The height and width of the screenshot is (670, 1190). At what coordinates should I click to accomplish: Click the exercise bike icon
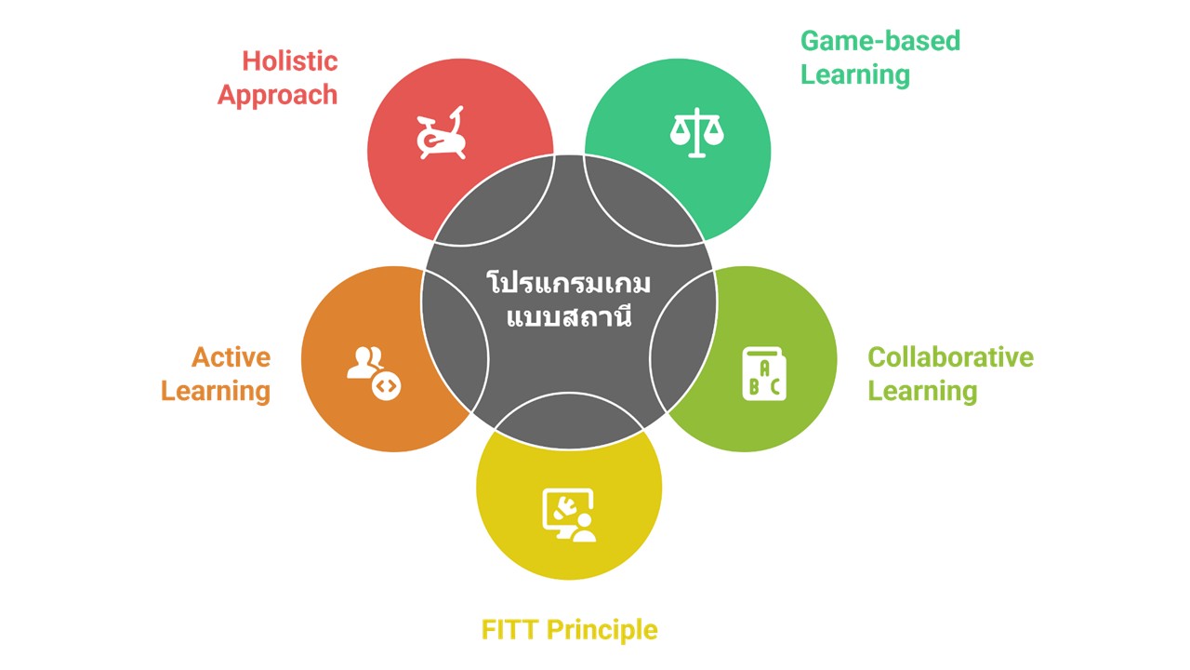[x=440, y=136]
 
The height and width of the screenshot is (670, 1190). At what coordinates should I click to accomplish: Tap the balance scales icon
[x=696, y=133]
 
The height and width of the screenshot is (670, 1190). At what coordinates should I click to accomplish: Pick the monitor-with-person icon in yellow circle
[x=569, y=516]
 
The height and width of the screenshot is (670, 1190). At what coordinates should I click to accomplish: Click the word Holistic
[x=289, y=61]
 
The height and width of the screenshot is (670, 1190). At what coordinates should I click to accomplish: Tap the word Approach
[x=277, y=95]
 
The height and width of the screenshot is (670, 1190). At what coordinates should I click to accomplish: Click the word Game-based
[x=879, y=41]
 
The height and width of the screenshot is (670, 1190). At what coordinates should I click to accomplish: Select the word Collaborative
[x=949, y=357]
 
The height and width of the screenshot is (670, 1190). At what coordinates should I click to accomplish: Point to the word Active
[x=231, y=357]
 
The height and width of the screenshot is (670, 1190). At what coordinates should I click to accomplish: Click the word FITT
[x=509, y=630]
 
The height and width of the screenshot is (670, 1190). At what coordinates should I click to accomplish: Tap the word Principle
[x=602, y=630]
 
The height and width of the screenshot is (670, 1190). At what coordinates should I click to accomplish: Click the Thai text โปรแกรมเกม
[x=569, y=283]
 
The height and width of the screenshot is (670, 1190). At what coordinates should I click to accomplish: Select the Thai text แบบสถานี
[x=569, y=316]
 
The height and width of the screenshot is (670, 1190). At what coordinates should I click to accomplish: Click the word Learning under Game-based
[x=854, y=74]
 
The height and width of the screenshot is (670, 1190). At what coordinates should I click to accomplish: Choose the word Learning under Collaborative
[x=921, y=391]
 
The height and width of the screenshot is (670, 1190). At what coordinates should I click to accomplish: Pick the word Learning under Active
[x=215, y=391]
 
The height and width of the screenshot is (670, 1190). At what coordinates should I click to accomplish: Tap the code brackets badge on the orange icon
[x=386, y=385]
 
